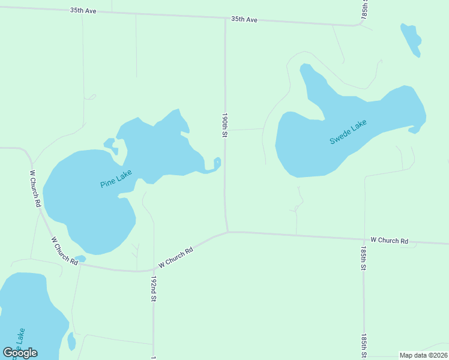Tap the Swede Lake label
pos(348,132)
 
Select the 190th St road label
pos(224,125)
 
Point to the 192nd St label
pos(154,289)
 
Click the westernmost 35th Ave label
pos(83,11)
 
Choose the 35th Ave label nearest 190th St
pos(244,20)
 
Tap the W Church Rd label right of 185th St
pos(389,241)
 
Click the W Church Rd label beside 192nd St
pos(175,258)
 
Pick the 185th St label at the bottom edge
pos(364,346)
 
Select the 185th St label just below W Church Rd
pos(364,257)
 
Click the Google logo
pos(20,353)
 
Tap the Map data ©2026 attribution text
pos(423,355)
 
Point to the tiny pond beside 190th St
pos(217,162)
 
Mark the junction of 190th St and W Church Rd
pos(228,232)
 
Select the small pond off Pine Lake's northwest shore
pos(110,143)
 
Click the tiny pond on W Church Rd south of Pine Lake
pos(80,259)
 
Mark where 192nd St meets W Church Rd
pos(154,270)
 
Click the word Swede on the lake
pos(340,137)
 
